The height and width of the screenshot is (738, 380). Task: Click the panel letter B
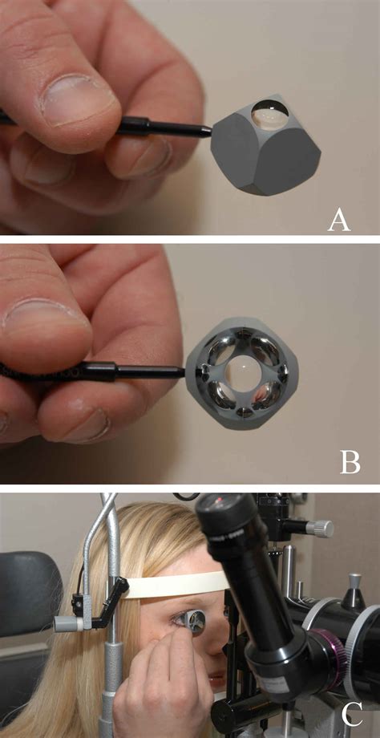tap(350, 462)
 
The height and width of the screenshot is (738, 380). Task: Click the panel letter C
tap(351, 715)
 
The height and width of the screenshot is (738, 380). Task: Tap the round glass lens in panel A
tap(269, 116)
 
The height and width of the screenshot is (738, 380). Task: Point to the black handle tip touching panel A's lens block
tap(207, 132)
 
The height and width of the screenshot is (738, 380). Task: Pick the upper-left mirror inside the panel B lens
tap(222, 349)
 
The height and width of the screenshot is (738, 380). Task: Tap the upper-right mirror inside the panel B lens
tap(265, 348)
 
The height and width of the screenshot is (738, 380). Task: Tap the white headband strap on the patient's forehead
tap(175, 585)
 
